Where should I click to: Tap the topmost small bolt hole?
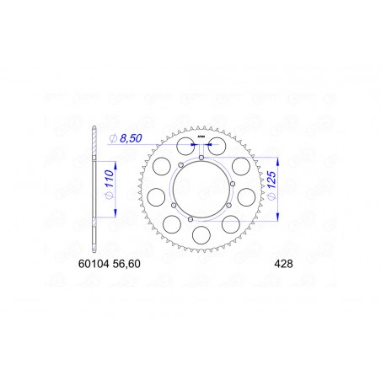(203, 157)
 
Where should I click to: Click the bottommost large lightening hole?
(203, 235)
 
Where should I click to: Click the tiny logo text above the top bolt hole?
(202, 135)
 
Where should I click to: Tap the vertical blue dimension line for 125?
(276, 190)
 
